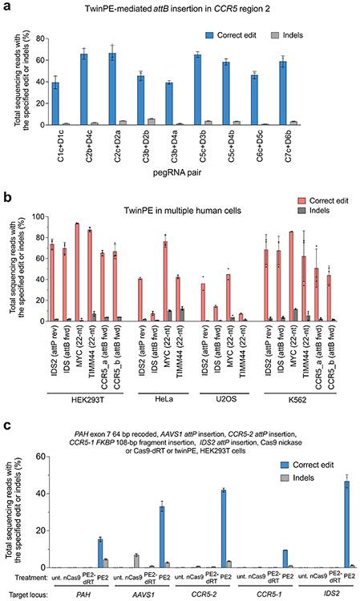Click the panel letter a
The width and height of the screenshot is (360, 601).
[6, 7]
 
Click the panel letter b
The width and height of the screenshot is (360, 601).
[6, 194]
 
